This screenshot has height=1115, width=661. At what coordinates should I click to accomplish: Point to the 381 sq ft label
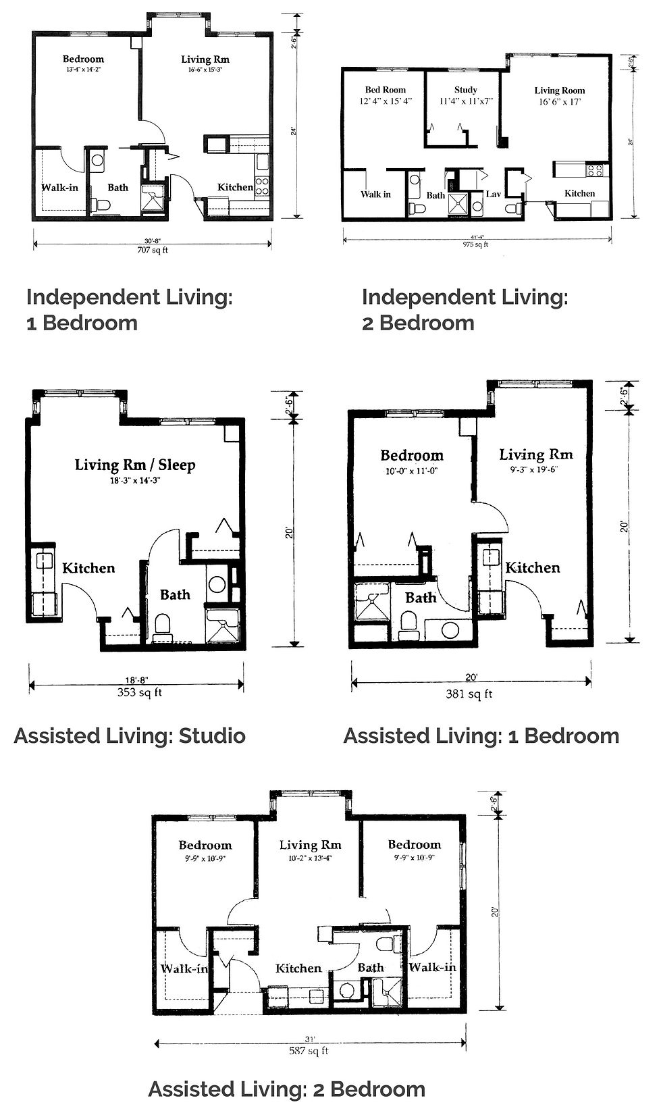(471, 694)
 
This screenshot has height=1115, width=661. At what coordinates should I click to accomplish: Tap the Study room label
(466, 90)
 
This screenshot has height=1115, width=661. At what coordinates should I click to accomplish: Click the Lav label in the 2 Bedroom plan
(493, 195)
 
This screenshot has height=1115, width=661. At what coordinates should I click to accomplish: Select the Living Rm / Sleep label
(135, 465)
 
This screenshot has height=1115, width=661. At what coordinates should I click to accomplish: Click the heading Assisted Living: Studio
(130, 735)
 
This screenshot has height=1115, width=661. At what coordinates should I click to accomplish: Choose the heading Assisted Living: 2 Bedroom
(287, 1089)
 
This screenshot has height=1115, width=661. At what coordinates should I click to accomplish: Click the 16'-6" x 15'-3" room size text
(205, 70)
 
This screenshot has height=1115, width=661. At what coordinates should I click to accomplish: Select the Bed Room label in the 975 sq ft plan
(386, 90)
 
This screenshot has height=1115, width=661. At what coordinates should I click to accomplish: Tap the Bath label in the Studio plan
(175, 595)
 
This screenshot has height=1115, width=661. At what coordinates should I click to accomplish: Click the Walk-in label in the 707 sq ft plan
(59, 187)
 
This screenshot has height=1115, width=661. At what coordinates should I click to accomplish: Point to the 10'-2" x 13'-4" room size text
(311, 858)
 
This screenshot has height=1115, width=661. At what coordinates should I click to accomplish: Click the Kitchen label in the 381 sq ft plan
(533, 568)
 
